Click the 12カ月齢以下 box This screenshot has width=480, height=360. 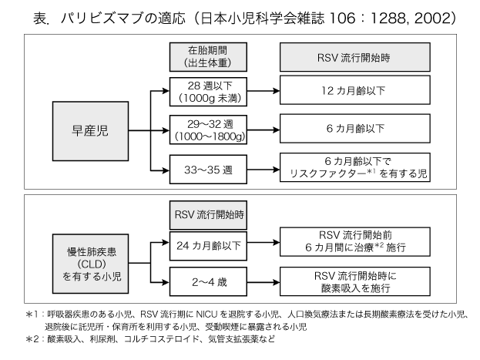click(354, 91)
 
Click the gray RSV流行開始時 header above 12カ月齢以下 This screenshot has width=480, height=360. click(354, 57)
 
